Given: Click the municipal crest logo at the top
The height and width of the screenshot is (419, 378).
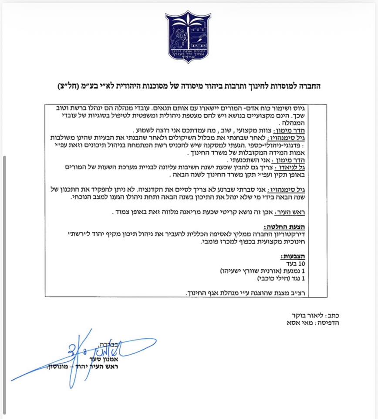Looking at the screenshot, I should tap(188, 37).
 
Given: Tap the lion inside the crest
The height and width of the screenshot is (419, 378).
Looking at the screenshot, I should tap(179, 38).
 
